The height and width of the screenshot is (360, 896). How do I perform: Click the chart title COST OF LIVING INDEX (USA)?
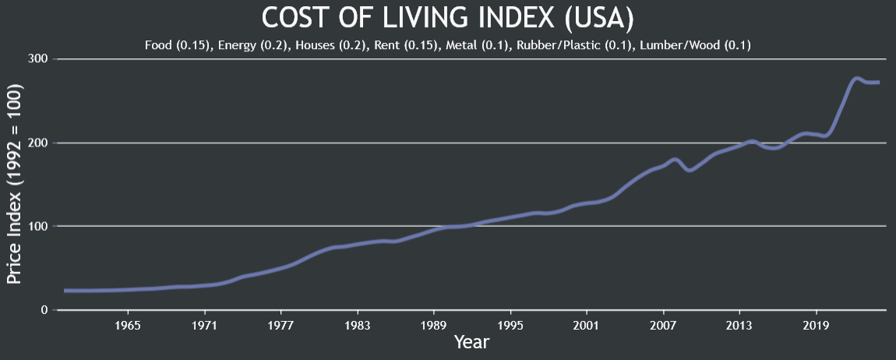pos(448,17)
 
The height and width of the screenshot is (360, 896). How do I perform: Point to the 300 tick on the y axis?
pos(38,59)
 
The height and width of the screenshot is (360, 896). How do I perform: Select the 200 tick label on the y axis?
pos(38,143)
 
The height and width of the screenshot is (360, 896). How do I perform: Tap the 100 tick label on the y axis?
pos(38,227)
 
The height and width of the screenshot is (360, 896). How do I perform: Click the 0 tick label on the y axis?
pos(44,310)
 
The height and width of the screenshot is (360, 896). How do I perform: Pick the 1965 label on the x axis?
pos(128,324)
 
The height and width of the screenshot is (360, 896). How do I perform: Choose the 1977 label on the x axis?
pos(280,324)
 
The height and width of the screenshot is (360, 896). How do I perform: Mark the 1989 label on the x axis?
pos(433,324)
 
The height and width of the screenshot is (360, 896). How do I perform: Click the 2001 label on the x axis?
pos(586,324)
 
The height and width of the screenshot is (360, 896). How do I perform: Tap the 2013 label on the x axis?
pos(739,324)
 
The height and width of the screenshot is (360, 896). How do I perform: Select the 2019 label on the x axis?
pos(815,324)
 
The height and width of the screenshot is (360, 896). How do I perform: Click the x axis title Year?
pos(471,342)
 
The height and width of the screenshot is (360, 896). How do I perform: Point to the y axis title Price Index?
pos(15,184)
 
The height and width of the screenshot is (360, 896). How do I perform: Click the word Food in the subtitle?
pos(158,45)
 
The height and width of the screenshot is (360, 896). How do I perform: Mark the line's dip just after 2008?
pos(690,170)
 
